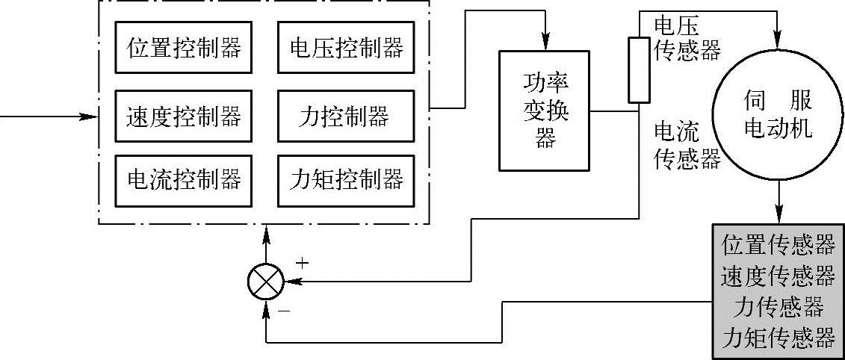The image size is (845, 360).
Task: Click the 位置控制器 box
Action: click(184, 48)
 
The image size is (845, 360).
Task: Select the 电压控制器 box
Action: click(346, 48)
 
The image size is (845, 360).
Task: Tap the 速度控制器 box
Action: click(184, 116)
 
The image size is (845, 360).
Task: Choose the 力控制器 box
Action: click(346, 116)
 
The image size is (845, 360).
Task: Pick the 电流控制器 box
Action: click(184, 179)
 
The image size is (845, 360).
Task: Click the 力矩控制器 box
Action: click(346, 179)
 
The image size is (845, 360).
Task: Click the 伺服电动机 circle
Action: click(779, 116)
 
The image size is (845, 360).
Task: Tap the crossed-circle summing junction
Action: click(266, 282)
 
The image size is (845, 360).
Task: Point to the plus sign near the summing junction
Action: click(302, 262)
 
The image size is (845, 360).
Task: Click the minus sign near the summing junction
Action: click(283, 307)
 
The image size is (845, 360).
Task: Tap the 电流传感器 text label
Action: click(687, 145)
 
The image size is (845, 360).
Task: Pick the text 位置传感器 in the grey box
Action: click(778, 244)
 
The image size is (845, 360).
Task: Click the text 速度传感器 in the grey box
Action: click(778, 276)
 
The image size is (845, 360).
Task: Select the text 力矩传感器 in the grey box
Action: click(778, 338)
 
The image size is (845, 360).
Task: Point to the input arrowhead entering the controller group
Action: click(91, 117)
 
